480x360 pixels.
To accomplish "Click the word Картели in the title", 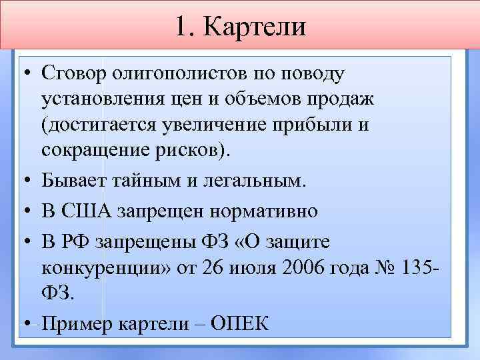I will click(x=255, y=27).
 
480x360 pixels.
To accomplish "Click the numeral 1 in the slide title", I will click(x=183, y=27).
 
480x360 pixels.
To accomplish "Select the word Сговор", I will click(x=74, y=71).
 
